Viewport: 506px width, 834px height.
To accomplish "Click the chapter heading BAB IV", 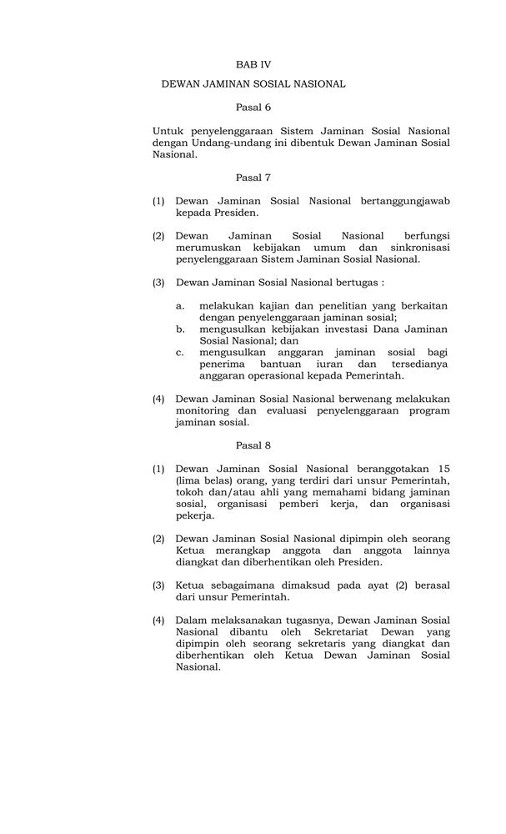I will coord(253,63).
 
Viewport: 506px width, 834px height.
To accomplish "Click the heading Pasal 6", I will coord(253,107).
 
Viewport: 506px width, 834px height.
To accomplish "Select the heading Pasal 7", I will coord(253,177).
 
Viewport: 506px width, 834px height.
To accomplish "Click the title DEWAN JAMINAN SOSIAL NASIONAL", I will coord(253,84).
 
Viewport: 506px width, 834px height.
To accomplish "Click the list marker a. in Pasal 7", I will coord(180,306).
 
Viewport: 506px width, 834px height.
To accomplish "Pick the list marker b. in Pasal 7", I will coord(180,329).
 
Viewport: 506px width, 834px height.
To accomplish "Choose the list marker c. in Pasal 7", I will coord(180,353).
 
